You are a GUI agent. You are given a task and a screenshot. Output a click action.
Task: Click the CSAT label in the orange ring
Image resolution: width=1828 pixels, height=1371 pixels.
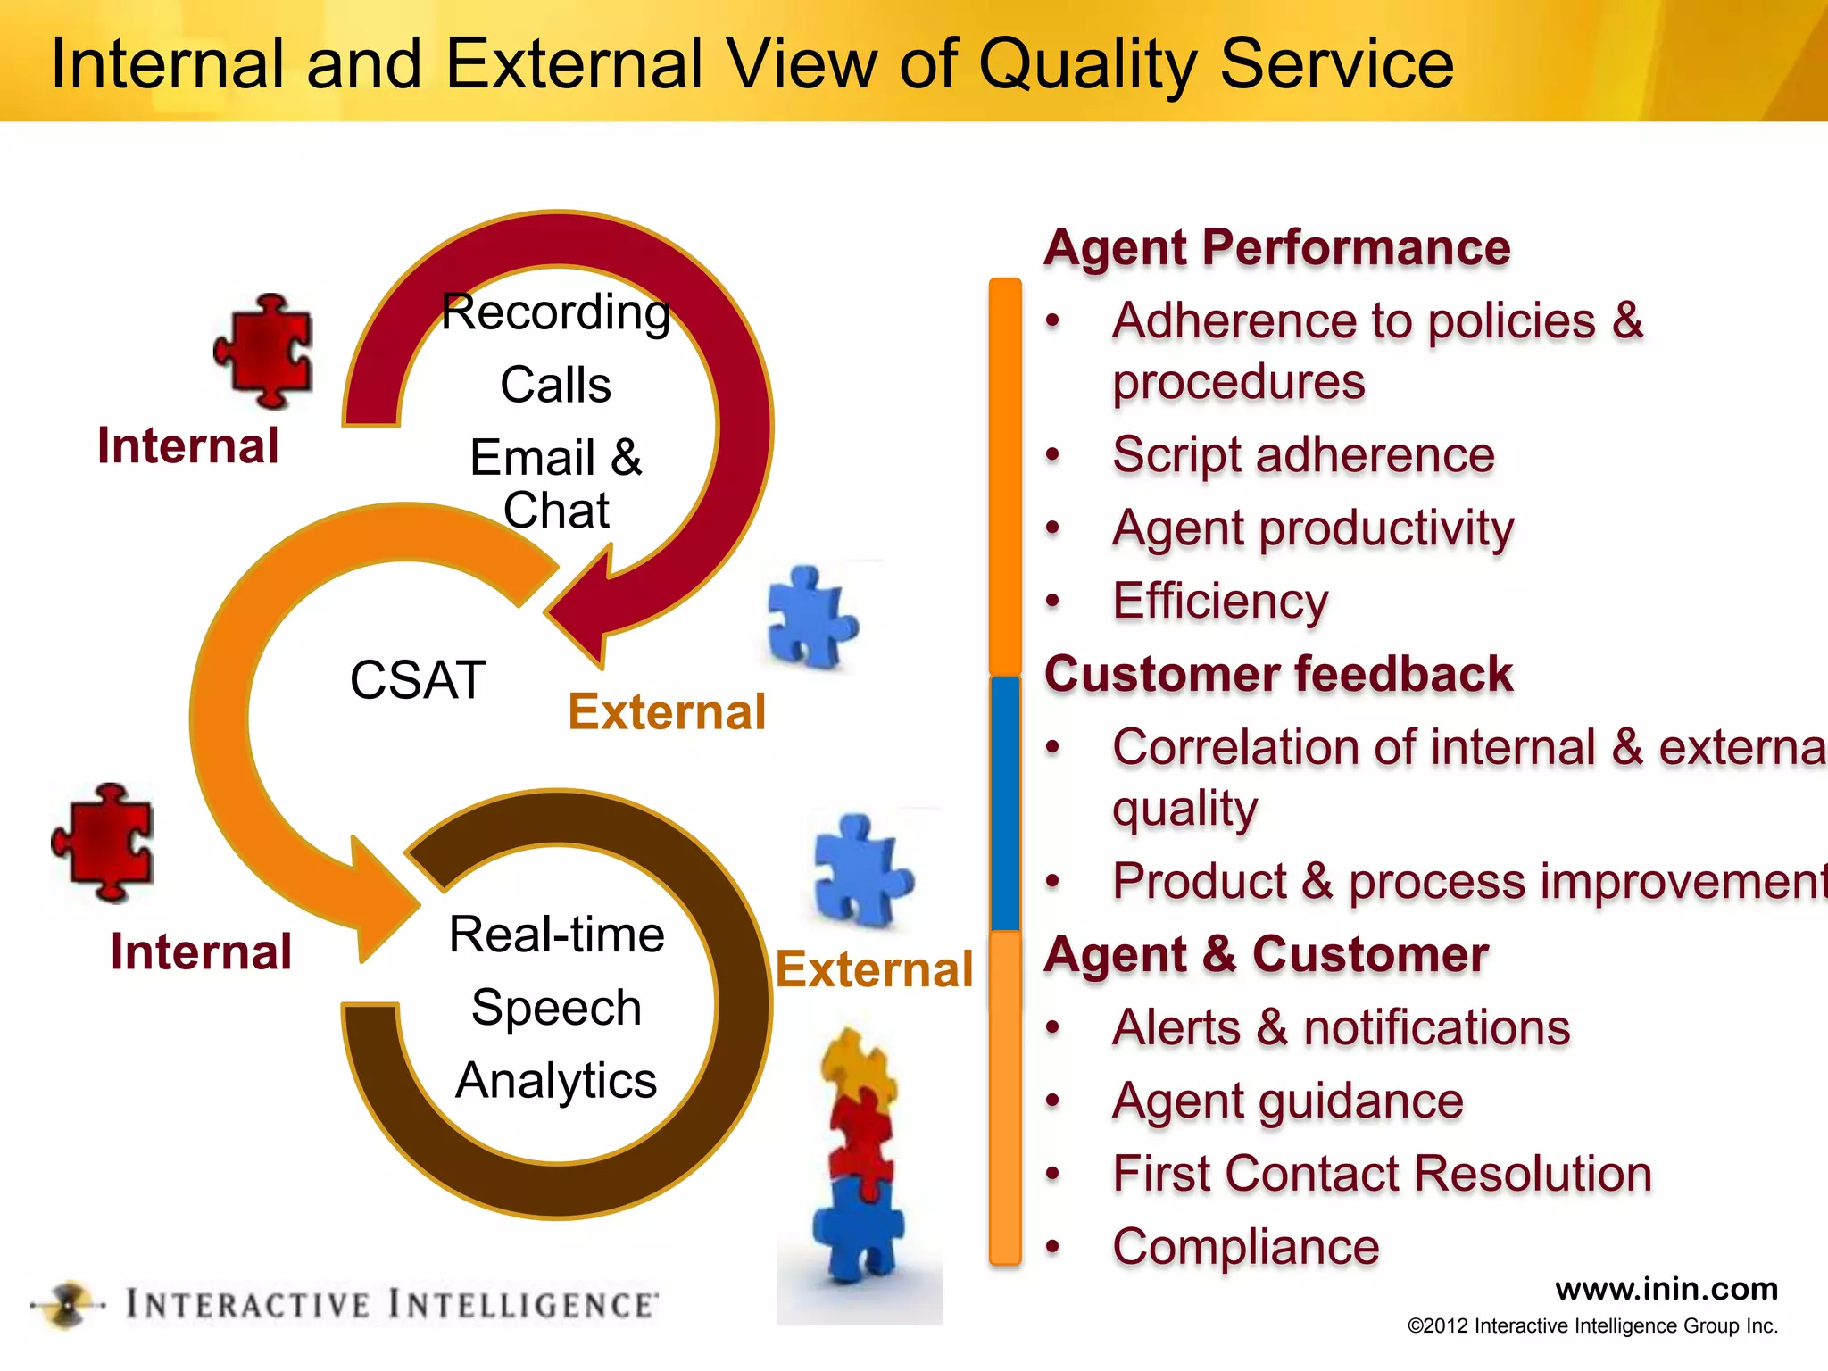tap(418, 680)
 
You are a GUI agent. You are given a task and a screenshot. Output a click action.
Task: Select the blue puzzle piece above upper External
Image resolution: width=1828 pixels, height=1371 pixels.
tap(810, 618)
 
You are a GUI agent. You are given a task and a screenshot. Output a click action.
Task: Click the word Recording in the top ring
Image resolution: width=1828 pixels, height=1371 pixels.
tap(555, 312)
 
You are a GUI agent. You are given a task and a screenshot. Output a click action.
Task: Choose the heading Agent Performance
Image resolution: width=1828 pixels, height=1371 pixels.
tap(1277, 247)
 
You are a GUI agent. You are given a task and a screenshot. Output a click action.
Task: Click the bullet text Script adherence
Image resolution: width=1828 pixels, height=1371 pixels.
tap(1302, 455)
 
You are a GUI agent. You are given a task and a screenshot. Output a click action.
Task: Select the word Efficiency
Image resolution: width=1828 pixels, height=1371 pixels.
tap(1220, 601)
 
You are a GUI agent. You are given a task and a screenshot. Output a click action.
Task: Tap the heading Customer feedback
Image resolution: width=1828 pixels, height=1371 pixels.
tap(1278, 674)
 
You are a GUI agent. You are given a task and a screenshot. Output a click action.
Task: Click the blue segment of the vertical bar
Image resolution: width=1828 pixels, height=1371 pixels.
tap(1005, 803)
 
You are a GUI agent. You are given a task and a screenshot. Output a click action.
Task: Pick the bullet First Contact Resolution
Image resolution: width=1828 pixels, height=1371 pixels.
tap(1382, 1174)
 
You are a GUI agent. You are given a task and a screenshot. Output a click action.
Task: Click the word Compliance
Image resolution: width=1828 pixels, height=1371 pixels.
tap(1245, 1247)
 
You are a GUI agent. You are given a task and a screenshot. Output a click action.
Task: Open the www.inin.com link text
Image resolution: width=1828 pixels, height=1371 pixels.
tap(1666, 1289)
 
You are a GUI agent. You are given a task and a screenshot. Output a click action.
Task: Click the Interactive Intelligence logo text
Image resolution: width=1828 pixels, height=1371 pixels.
tap(390, 1305)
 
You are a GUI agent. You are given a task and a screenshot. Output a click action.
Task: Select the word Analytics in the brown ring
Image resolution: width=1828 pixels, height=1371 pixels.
tap(555, 1081)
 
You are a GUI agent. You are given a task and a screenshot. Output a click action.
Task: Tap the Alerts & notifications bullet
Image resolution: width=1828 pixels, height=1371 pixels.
tap(1341, 1028)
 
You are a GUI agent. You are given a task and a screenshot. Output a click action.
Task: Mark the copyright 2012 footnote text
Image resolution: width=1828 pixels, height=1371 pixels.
tap(1592, 1326)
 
